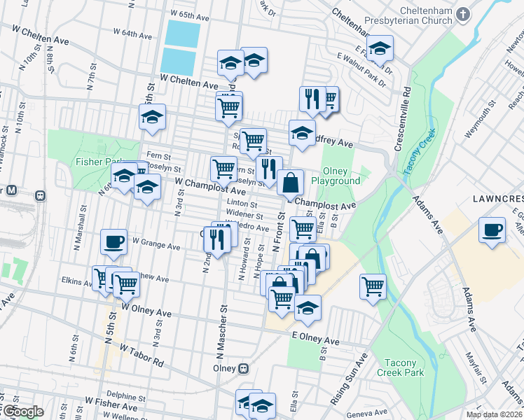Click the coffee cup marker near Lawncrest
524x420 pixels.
pyautogui.click(x=492, y=230)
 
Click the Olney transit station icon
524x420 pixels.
pyautogui.click(x=243, y=368)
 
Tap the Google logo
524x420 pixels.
pyautogui.click(x=22, y=412)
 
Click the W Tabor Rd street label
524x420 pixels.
pyautogui.click(x=141, y=356)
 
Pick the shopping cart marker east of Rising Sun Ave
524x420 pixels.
pyautogui.click(x=373, y=286)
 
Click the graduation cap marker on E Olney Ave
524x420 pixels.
pyautogui.click(x=308, y=307)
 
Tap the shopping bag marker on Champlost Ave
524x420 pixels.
pyautogui.click(x=290, y=183)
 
